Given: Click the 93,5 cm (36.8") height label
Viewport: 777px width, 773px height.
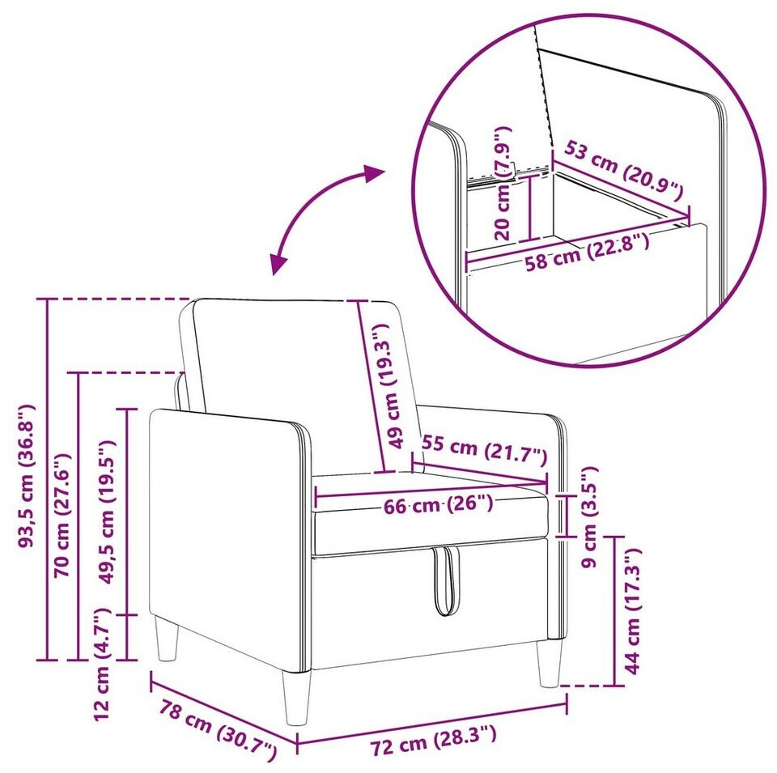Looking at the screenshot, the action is [26, 476].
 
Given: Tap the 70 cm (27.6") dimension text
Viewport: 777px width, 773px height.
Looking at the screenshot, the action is [62, 516].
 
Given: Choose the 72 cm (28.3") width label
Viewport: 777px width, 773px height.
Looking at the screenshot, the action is [434, 739].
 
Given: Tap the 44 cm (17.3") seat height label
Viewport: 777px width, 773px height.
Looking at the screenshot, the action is [632, 610].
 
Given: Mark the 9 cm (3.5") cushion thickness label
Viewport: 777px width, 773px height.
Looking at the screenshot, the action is [590, 517].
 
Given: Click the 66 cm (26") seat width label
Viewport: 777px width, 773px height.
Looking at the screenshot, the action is [438, 504].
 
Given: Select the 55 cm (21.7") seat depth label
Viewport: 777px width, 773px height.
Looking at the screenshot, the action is [484, 450].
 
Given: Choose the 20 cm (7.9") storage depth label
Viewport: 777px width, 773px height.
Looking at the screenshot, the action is [503, 183].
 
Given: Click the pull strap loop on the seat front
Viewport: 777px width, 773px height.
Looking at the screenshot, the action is [446, 580].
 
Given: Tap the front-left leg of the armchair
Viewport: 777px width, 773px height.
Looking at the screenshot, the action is [297, 697].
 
